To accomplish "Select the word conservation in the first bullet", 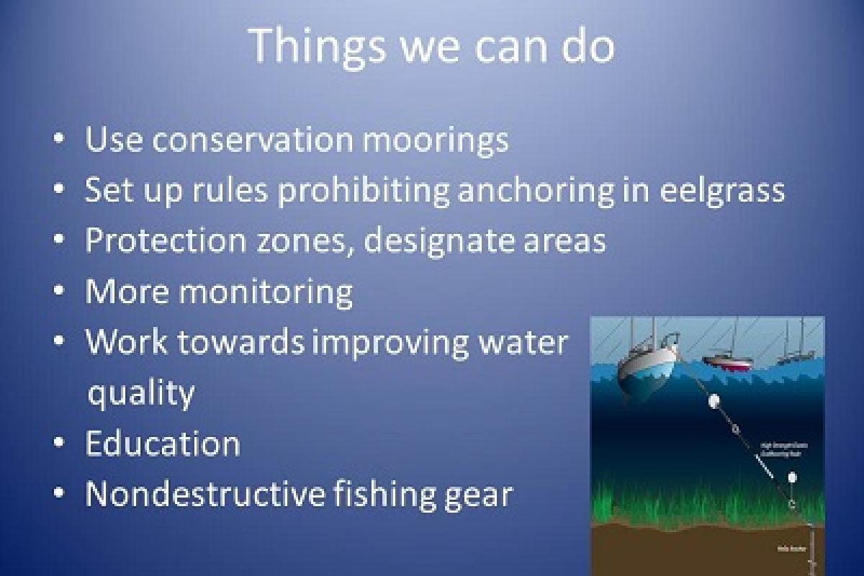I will point(253,139).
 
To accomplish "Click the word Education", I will point(162,444).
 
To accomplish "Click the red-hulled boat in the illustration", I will point(728,362).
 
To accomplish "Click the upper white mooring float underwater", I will point(714,401).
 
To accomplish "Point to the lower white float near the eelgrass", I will point(792,477).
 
